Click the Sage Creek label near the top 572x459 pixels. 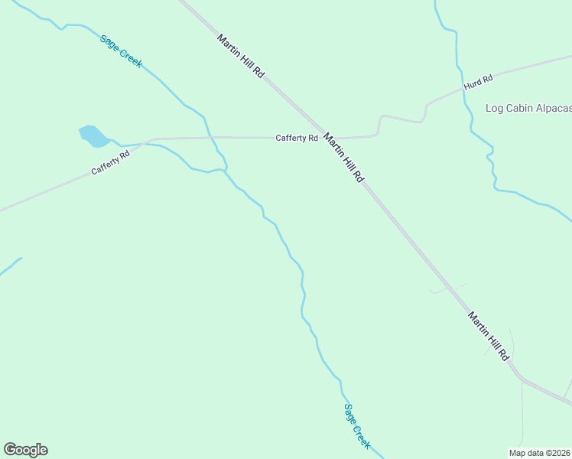pyautogui.click(x=121, y=50)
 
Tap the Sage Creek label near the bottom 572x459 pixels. pyautogui.click(x=357, y=427)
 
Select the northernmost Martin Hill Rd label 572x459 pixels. pyautogui.click(x=240, y=57)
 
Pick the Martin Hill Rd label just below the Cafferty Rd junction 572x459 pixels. pyautogui.click(x=343, y=158)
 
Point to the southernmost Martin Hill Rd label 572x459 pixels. pyautogui.click(x=489, y=336)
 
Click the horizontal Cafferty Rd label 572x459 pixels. pyautogui.click(x=297, y=138)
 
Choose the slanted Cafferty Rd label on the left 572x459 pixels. pyautogui.click(x=111, y=162)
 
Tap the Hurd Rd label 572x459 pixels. pyautogui.click(x=478, y=79)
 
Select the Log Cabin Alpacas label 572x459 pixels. pyautogui.click(x=528, y=108)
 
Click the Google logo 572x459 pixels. pyautogui.click(x=25, y=450)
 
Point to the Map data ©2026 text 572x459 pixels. pyautogui.click(x=539, y=453)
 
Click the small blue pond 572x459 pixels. pyautogui.click(x=93, y=135)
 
